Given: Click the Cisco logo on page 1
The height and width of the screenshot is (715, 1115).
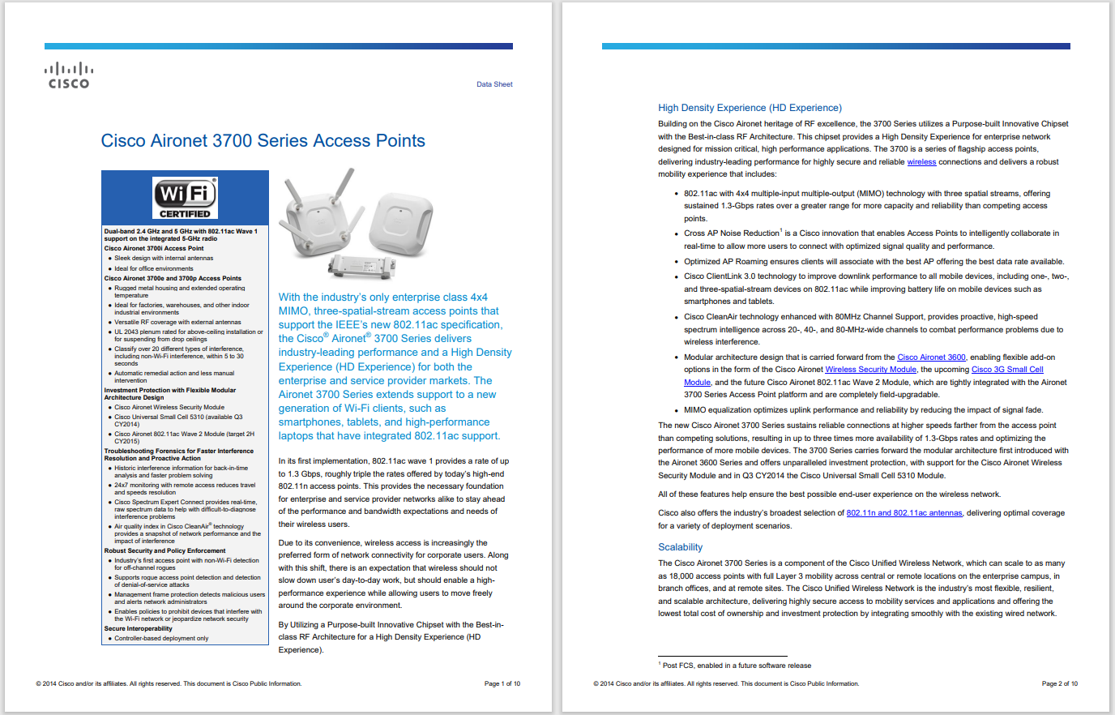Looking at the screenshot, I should [x=69, y=75].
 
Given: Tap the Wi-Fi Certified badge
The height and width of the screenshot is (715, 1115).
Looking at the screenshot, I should [x=186, y=198].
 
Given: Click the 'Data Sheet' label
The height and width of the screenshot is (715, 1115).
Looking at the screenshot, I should [x=494, y=84].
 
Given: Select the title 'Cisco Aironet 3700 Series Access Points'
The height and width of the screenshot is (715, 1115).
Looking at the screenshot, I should [x=263, y=141].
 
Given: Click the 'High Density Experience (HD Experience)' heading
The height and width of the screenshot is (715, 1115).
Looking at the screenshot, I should [x=750, y=108].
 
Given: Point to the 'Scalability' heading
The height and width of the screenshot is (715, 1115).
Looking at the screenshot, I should [x=680, y=547].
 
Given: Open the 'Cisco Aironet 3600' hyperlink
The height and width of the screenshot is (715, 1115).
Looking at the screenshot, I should [x=931, y=357].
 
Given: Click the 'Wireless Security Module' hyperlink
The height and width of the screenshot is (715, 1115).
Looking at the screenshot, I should [x=870, y=370].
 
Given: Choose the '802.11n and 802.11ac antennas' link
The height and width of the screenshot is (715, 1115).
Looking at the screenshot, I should [x=904, y=513].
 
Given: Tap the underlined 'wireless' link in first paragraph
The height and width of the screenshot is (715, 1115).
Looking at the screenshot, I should [x=921, y=162].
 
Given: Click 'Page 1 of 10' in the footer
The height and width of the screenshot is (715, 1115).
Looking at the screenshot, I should [x=502, y=683].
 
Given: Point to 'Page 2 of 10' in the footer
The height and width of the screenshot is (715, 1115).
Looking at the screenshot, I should [x=1059, y=683].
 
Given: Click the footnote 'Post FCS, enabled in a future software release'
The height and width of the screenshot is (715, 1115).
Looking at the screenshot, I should [x=736, y=666].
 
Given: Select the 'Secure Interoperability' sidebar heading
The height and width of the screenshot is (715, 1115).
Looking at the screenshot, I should [x=139, y=628].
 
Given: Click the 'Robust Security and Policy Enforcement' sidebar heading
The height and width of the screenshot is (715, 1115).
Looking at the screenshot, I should [x=164, y=550].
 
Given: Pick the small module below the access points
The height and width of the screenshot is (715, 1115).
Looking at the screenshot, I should [x=361, y=265].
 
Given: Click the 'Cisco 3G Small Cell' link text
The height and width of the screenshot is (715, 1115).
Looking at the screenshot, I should [x=1007, y=370].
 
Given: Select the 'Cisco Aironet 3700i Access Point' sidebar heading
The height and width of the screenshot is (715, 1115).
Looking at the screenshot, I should [x=154, y=248].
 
